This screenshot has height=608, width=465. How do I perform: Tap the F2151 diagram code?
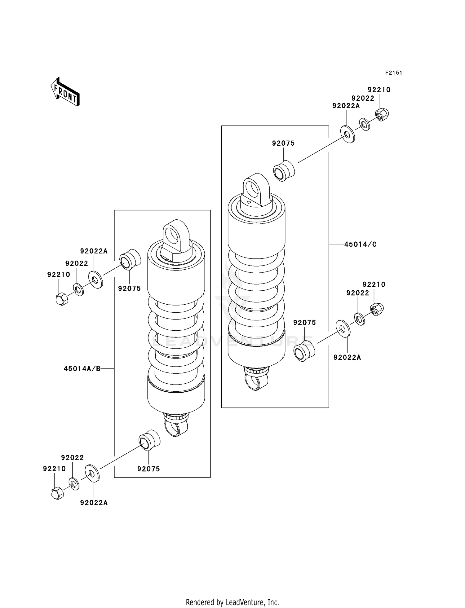[x=393, y=73]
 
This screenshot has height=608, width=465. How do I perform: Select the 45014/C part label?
[x=360, y=244]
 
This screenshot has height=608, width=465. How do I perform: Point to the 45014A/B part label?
[x=82, y=368]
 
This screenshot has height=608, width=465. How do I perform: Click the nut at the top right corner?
[x=382, y=115]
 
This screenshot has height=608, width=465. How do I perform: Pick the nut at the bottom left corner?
[x=57, y=493]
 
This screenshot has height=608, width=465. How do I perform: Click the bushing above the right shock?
[x=284, y=171]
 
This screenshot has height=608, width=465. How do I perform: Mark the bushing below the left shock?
[x=149, y=440]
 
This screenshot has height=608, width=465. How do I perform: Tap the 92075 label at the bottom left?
[x=149, y=469]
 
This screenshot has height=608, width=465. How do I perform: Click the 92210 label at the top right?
[x=379, y=90]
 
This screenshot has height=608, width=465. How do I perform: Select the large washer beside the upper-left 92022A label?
[x=96, y=280]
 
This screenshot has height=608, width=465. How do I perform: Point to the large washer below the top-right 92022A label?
[x=348, y=134]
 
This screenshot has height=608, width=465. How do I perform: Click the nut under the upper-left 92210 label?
[x=62, y=299]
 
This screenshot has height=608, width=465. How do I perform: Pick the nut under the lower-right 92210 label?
[x=377, y=309]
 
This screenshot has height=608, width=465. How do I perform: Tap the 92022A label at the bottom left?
[x=94, y=503]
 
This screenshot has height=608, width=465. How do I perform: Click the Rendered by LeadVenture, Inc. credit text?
[x=232, y=602]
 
